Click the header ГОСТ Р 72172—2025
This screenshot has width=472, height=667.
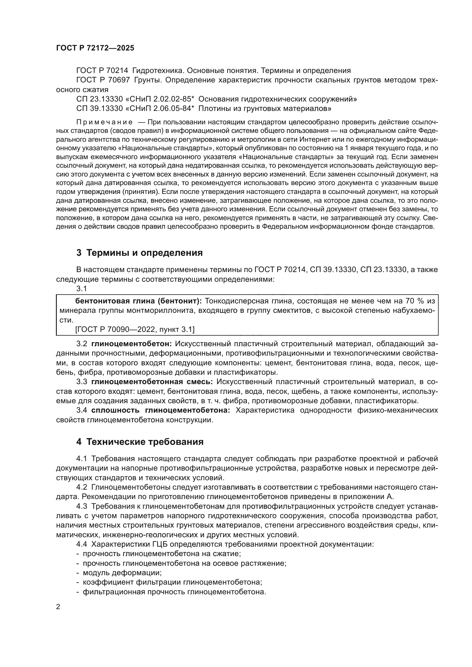pos(95,48)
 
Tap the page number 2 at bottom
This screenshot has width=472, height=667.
pos(58,607)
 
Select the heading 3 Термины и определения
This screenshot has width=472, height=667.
pos(140,253)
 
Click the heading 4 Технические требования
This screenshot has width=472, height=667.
pos(140,442)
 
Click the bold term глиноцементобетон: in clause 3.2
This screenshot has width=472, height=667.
pos(132,344)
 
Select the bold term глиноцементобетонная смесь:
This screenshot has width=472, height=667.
pos(152,382)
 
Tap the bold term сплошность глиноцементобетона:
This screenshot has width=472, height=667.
pos(161,410)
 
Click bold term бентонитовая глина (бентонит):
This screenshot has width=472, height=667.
pos(138,301)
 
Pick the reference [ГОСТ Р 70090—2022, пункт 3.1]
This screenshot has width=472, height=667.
pos(135,329)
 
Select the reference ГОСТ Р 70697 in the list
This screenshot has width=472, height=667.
pos(103,80)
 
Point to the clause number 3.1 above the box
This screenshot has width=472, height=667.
pos(81,289)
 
